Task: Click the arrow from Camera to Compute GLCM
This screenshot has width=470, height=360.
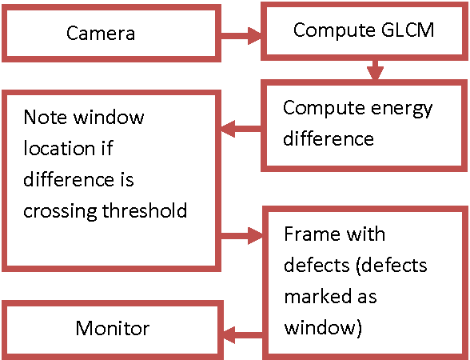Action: click(242, 34)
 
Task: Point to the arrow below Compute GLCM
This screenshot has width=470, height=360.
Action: click(374, 70)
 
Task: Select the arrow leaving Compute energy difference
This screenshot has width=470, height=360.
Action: click(241, 127)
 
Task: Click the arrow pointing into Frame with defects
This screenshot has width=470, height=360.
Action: click(241, 236)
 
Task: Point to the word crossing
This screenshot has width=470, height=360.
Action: click(57, 211)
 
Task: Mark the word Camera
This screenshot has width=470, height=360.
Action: click(100, 34)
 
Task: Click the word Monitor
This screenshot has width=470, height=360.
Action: click(112, 328)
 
